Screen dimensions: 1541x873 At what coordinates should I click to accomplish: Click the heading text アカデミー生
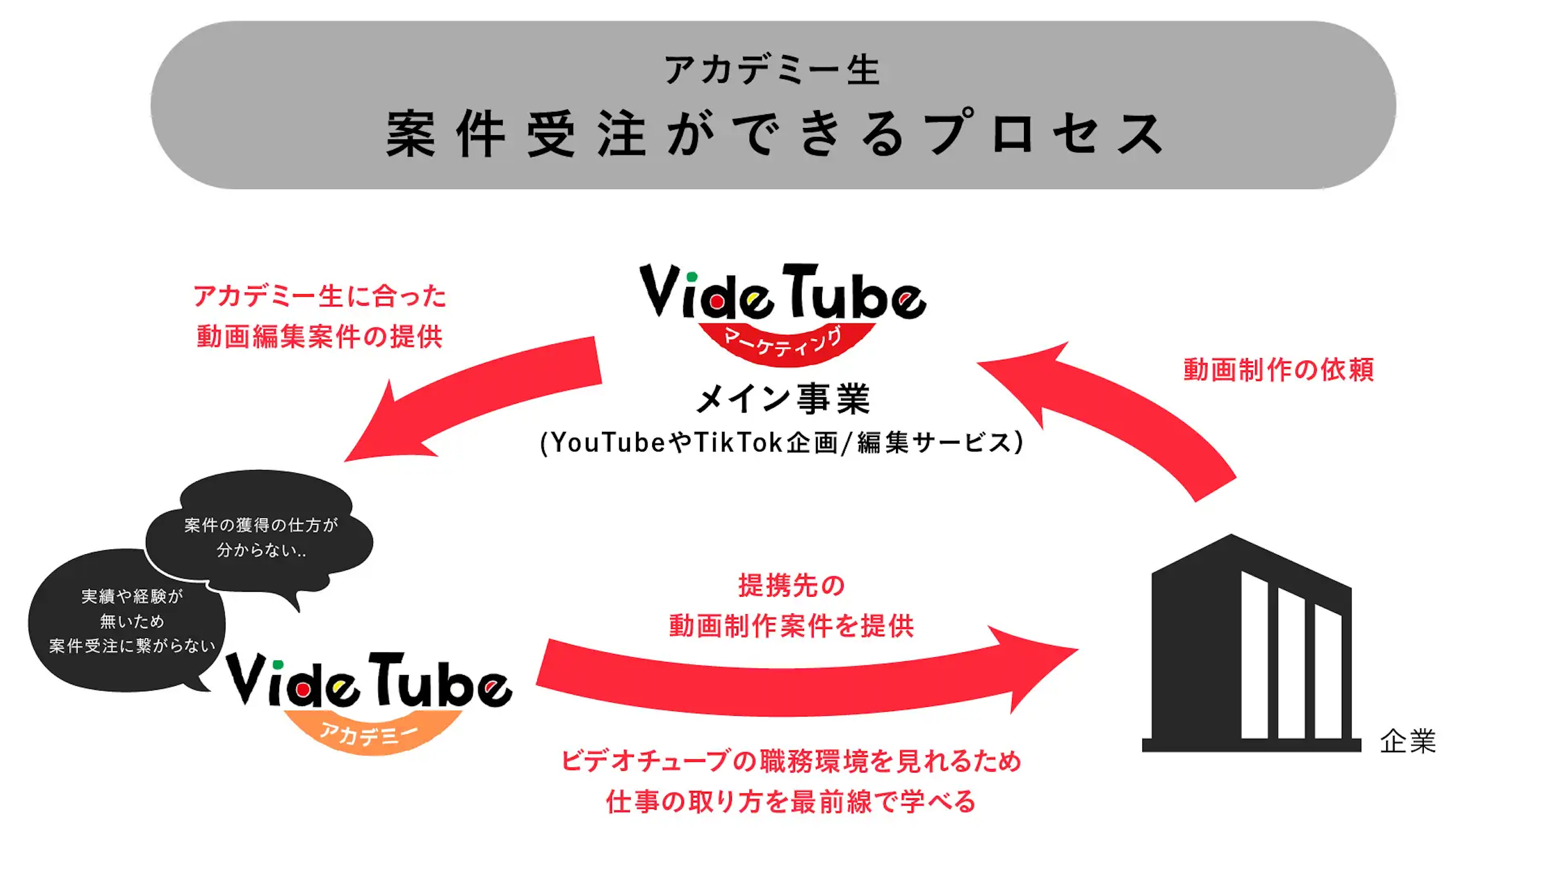pyautogui.click(x=772, y=70)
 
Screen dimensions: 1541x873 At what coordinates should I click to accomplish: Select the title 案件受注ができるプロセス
pyautogui.click(x=775, y=134)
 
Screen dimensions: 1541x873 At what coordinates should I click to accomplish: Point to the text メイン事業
pyautogui.click(x=783, y=399)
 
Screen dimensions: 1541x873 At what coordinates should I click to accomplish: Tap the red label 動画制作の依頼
pyautogui.click(x=1279, y=370)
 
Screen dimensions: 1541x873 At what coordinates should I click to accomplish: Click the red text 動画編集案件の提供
pyautogui.click(x=319, y=337)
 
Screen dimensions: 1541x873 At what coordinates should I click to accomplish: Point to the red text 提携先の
pyautogui.click(x=791, y=586)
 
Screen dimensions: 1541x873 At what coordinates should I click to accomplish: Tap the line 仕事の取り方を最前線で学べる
pyautogui.click(x=791, y=802)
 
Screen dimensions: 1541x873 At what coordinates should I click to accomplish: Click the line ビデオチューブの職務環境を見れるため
pyautogui.click(x=791, y=761)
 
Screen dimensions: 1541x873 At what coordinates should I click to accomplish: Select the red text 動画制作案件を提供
pyautogui.click(x=791, y=627)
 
